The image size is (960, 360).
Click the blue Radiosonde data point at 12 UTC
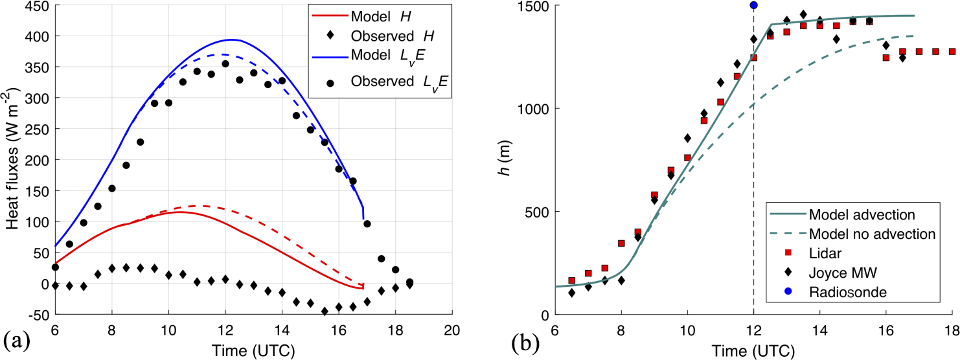coord(753,5)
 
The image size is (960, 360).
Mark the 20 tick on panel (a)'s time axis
coord(451,328)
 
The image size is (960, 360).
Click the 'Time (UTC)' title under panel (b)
coord(753,350)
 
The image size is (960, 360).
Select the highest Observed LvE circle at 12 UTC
coord(225,63)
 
